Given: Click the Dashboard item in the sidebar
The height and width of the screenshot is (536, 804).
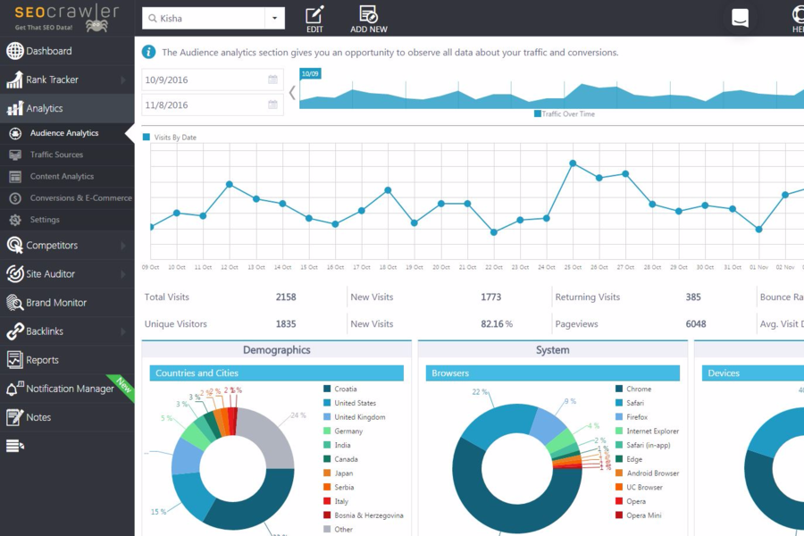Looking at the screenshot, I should tap(49, 51).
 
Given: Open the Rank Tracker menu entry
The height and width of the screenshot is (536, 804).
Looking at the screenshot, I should tap(52, 80).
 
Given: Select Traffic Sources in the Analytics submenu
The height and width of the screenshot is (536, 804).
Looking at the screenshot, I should tap(56, 155).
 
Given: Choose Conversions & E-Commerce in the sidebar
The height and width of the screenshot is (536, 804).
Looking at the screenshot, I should tap(80, 198).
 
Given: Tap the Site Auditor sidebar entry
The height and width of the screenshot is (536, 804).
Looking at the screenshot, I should tap(50, 274).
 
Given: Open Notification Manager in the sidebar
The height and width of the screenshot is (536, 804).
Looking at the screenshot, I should tap(70, 389).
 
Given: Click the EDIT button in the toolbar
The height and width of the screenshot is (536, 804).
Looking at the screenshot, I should tap(314, 19).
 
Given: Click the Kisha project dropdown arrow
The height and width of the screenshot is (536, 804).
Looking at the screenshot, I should tap(274, 18).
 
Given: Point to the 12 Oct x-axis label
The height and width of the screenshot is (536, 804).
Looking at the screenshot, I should tap(230, 267).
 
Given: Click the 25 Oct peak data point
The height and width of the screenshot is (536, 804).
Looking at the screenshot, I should tap(573, 163).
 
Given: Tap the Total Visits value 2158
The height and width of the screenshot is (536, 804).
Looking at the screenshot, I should tap(286, 297).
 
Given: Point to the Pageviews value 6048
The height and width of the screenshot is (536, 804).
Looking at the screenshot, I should tap(696, 324).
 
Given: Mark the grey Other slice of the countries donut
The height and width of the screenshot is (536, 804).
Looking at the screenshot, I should tap(270, 439).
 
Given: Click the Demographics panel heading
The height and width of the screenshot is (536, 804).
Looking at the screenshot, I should tap(277, 350).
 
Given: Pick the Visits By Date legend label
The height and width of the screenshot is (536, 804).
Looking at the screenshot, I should tap(175, 138).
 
